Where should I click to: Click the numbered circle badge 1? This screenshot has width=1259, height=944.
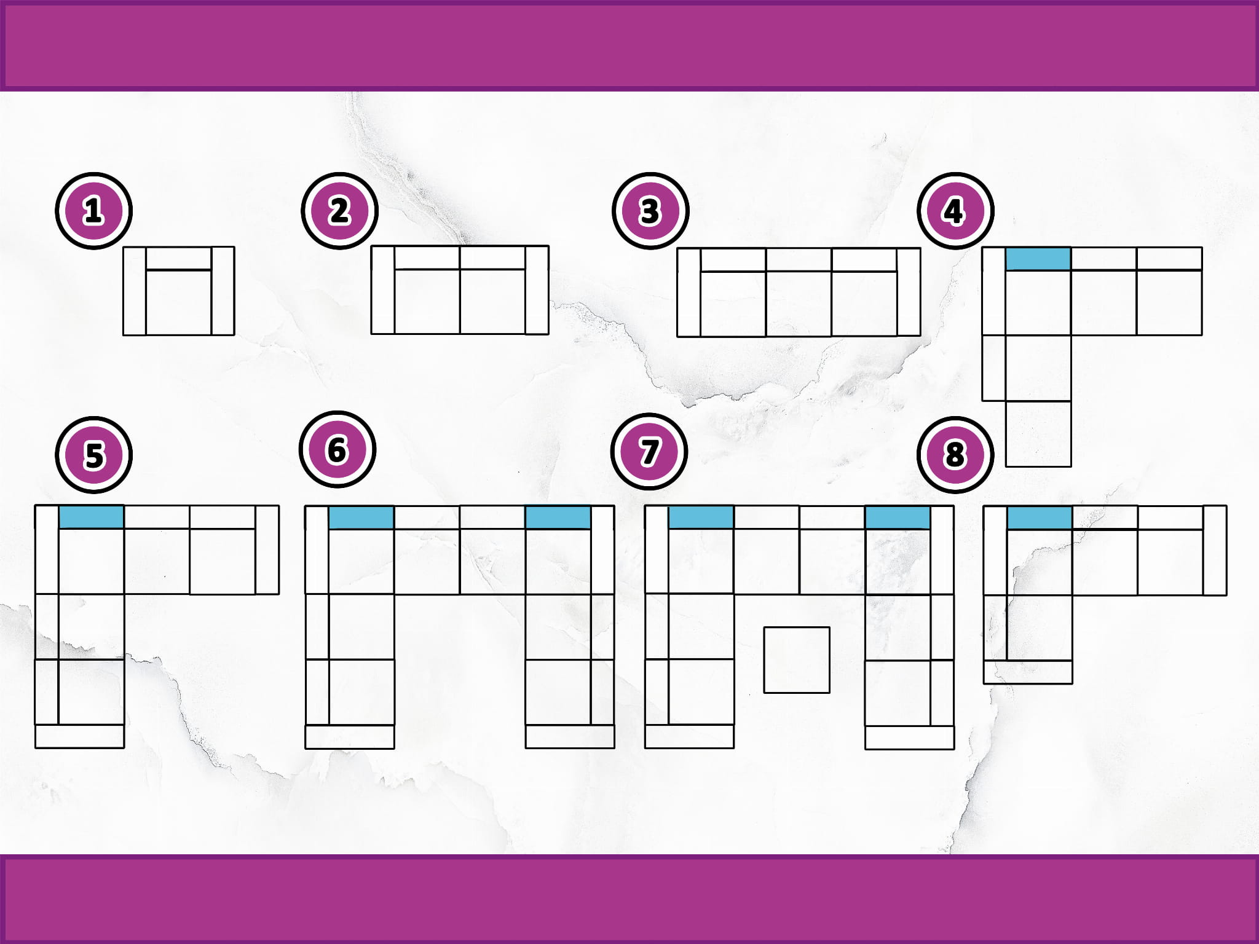[93, 211]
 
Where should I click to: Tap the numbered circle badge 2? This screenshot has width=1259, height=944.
[339, 211]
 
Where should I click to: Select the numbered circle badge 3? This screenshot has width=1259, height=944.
[650, 211]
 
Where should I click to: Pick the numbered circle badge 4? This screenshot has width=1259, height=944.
[955, 211]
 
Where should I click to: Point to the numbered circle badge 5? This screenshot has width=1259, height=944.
[93, 455]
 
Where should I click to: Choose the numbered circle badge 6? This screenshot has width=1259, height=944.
[337, 449]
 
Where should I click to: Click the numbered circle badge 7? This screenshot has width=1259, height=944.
[649, 451]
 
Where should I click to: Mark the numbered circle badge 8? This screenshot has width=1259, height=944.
[955, 455]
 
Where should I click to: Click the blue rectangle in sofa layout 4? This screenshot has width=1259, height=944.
[1038, 259]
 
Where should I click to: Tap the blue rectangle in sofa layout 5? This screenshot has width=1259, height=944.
[92, 517]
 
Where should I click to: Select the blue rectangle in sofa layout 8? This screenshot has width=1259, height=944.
[1040, 517]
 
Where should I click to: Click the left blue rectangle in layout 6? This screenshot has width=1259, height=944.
[361, 517]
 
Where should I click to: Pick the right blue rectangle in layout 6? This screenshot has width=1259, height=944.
[558, 517]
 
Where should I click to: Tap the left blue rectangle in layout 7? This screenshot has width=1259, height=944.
[701, 517]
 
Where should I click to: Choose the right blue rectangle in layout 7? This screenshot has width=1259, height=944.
[898, 517]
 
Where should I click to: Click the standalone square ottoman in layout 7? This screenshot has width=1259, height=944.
[797, 660]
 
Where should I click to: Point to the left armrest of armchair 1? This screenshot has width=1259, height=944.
[135, 291]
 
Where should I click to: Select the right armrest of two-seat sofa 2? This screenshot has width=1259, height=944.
[537, 290]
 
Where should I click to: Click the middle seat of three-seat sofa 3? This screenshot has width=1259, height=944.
[799, 304]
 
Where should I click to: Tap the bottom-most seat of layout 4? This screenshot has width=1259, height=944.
[1038, 434]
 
